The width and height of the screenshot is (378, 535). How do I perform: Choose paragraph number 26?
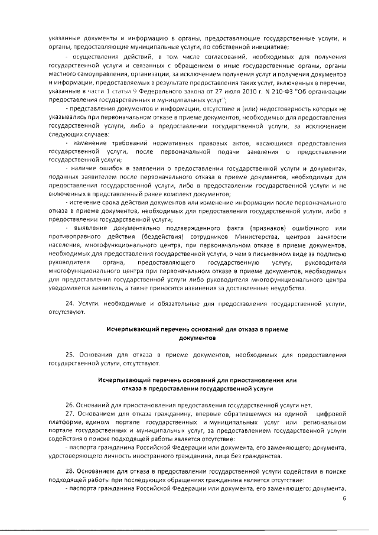69,405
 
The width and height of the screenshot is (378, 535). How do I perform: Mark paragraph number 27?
69,413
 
